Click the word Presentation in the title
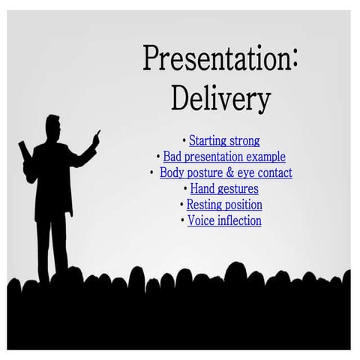click(216, 59)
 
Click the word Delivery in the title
click(220, 98)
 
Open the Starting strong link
click(224, 140)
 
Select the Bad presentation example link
click(224, 157)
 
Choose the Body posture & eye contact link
click(226, 172)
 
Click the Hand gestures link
click(224, 188)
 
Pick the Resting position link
click(224, 204)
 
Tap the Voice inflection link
click(224, 220)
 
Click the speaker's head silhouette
click(52, 127)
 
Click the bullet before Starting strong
click(184, 141)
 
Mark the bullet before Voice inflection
click(182, 221)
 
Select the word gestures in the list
click(238, 189)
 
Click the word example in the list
click(265, 157)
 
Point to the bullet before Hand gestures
click(185, 189)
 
